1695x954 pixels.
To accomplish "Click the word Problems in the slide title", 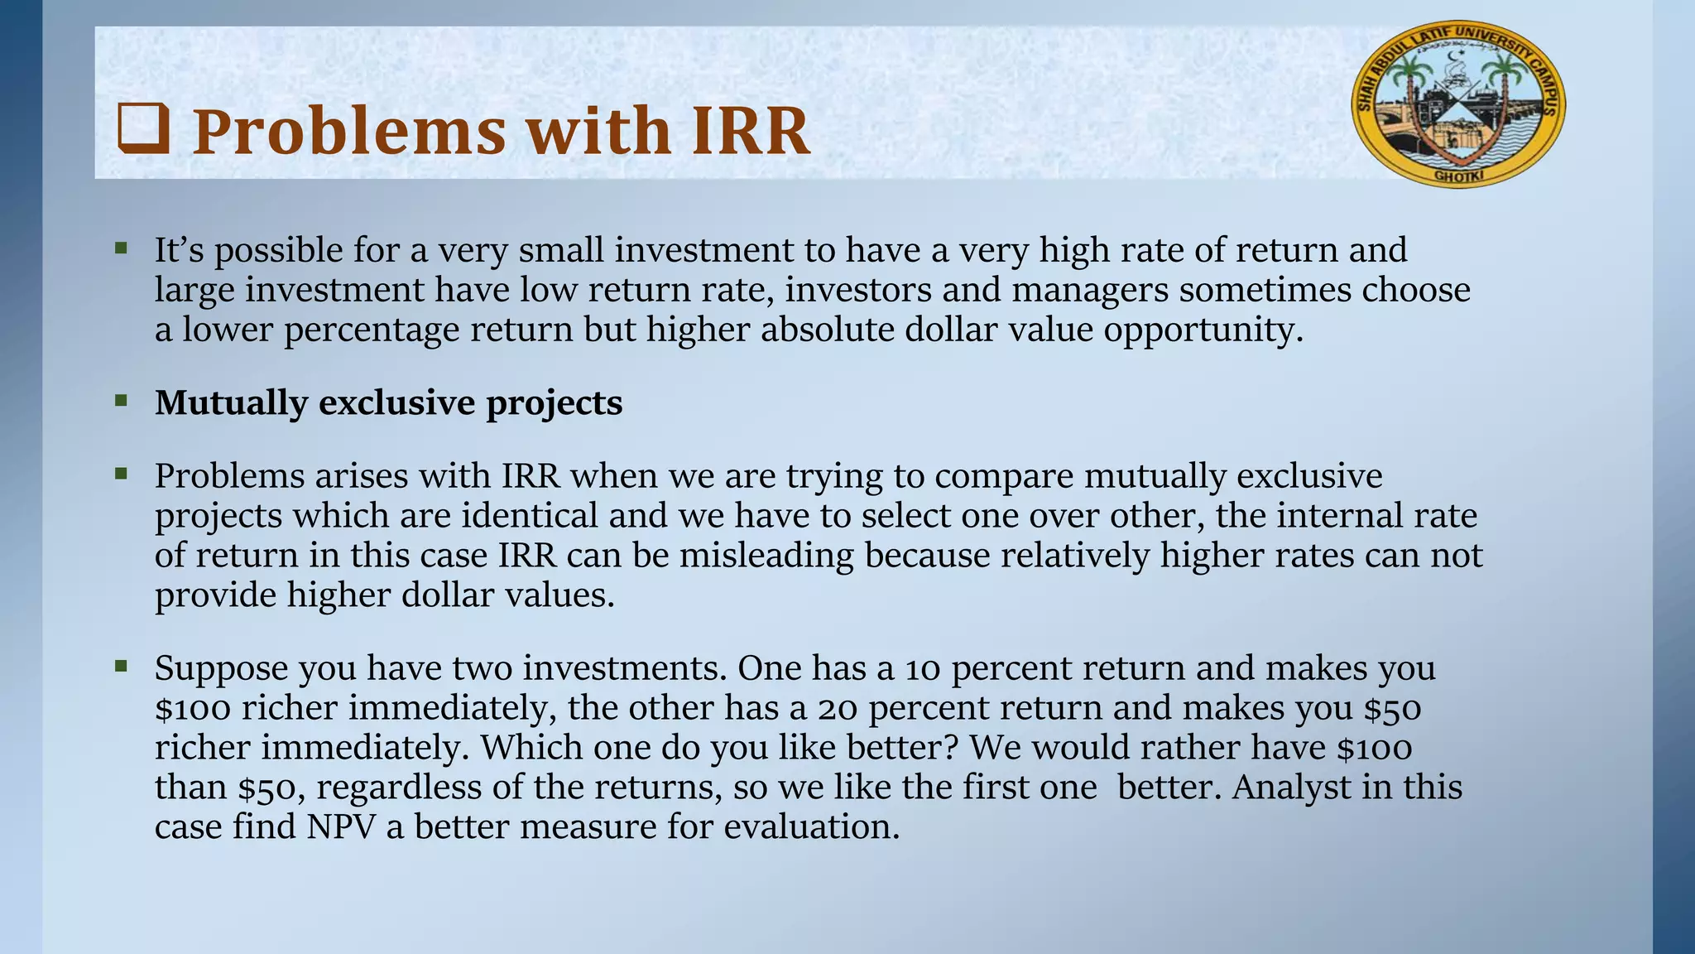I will click(x=348, y=132).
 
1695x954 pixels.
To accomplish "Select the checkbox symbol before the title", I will click(x=143, y=130).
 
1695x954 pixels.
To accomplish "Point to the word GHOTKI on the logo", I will click(x=1459, y=176).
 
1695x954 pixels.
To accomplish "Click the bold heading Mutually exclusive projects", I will click(x=388, y=403).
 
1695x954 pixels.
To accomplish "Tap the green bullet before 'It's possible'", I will click(x=122, y=248).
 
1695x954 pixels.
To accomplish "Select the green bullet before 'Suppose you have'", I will click(x=122, y=666).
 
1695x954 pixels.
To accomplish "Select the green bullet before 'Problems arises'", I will click(x=122, y=474).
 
